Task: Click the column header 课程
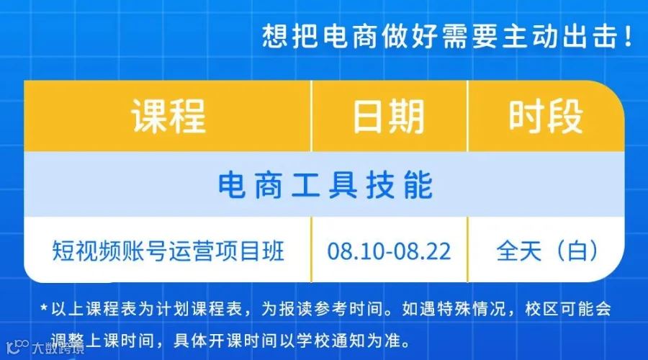click(x=168, y=117)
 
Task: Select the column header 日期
click(x=389, y=117)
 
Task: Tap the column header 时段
click(x=546, y=117)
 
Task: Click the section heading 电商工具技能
click(x=325, y=185)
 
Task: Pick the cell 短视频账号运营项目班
click(x=168, y=251)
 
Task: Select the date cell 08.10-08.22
click(x=389, y=251)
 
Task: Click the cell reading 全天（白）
click(x=547, y=251)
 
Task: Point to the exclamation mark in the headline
click(x=629, y=37)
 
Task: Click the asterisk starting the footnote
click(x=44, y=308)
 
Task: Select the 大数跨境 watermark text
click(x=58, y=348)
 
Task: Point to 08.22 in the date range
click(x=423, y=251)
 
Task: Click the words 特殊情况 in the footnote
click(x=472, y=309)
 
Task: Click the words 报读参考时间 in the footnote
click(x=331, y=309)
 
